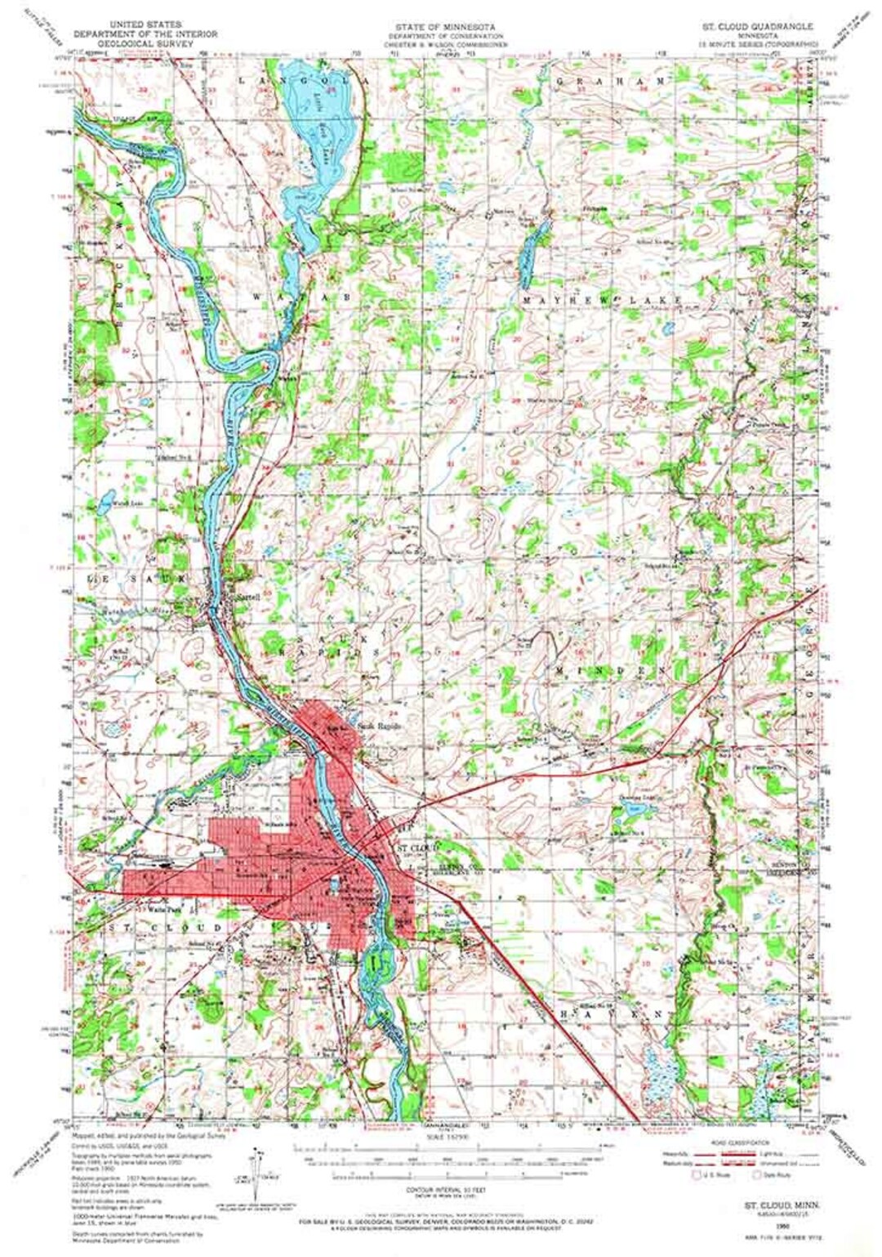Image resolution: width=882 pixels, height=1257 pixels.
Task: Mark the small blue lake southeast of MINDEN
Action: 632,810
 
